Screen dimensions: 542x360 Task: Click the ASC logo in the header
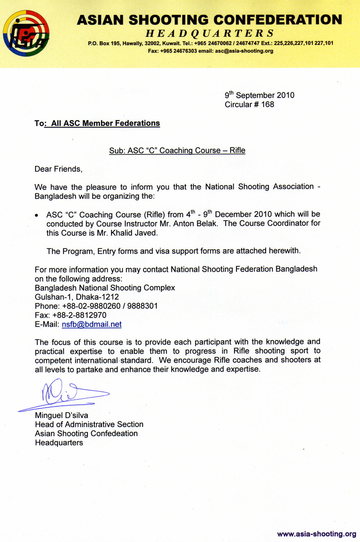26,33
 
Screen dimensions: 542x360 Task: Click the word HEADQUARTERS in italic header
210,33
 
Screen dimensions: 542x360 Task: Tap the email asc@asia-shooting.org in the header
244,51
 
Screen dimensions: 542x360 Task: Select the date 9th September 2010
260,95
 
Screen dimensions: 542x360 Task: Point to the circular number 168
268,104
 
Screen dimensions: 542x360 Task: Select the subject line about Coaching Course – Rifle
177,151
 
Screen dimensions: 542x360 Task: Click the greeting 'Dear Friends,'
58,169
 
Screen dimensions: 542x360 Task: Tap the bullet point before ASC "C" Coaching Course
37,216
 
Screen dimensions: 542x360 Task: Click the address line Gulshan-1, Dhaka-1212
77,297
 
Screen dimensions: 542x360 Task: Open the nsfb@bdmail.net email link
92,324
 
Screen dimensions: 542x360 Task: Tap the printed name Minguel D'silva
62,415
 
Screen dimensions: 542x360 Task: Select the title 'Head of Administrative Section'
89,425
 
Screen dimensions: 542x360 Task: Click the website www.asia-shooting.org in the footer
316,534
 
